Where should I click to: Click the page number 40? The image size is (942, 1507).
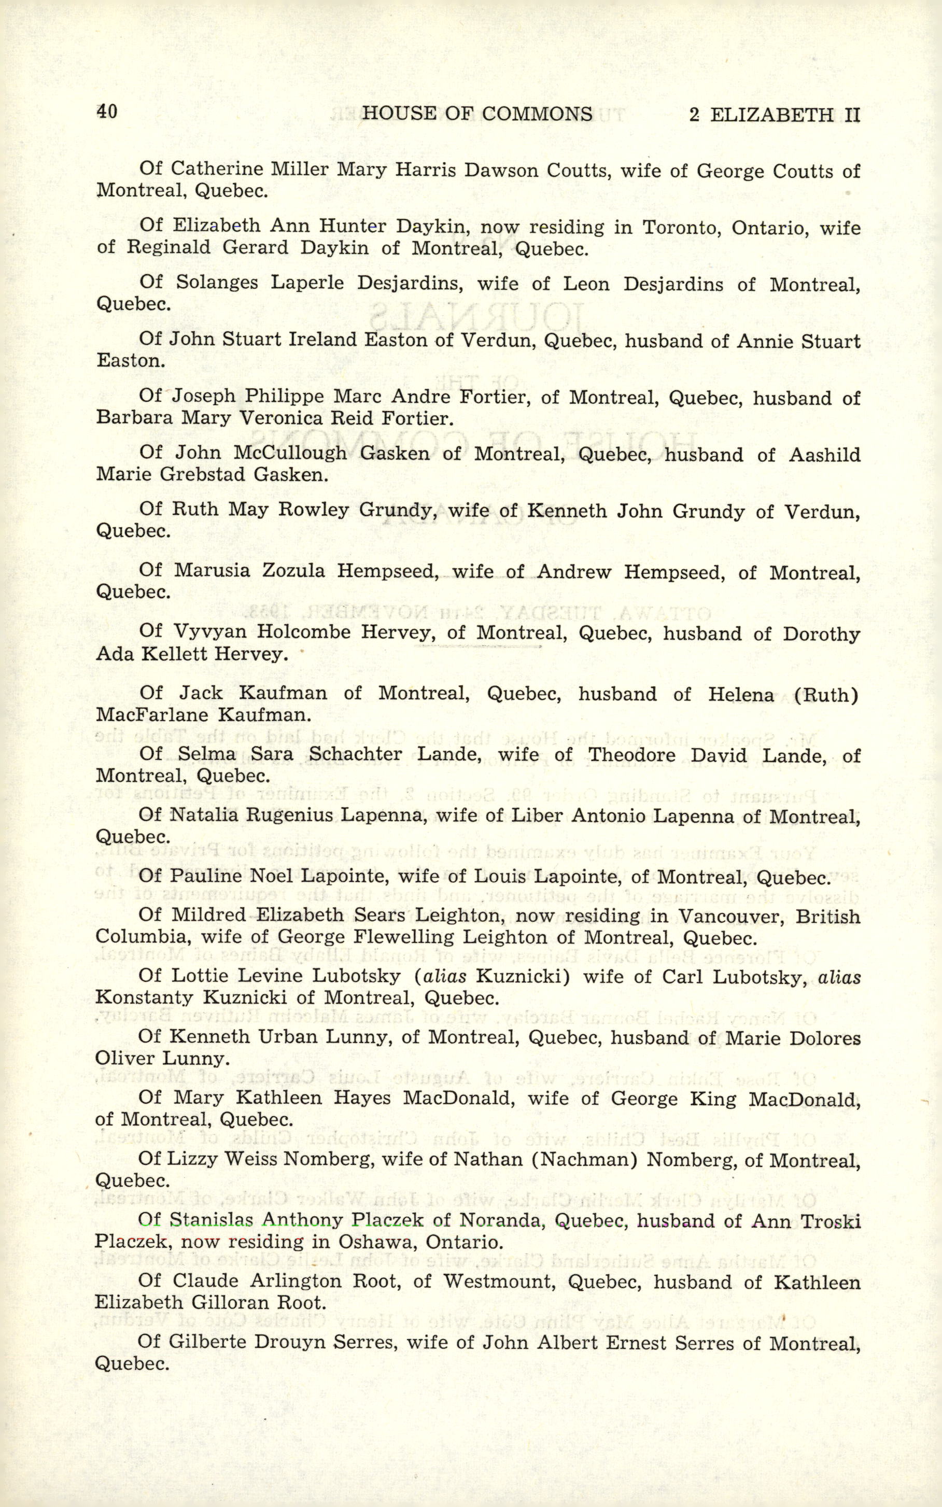[106, 111]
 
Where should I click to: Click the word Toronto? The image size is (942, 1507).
[679, 228]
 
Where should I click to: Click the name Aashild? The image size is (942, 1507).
[824, 455]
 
